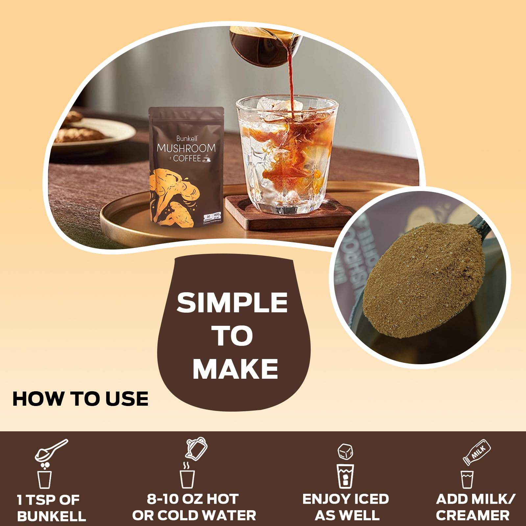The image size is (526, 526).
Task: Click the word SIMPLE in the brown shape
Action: click(232, 303)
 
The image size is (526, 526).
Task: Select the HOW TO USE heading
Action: click(81, 399)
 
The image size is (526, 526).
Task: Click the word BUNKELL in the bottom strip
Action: click(52, 516)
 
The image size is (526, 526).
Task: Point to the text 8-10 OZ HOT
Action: click(193, 499)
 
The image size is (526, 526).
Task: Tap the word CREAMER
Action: click(472, 515)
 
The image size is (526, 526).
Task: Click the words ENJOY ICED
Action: click(346, 499)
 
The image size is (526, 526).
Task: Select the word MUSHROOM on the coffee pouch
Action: click(186, 148)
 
